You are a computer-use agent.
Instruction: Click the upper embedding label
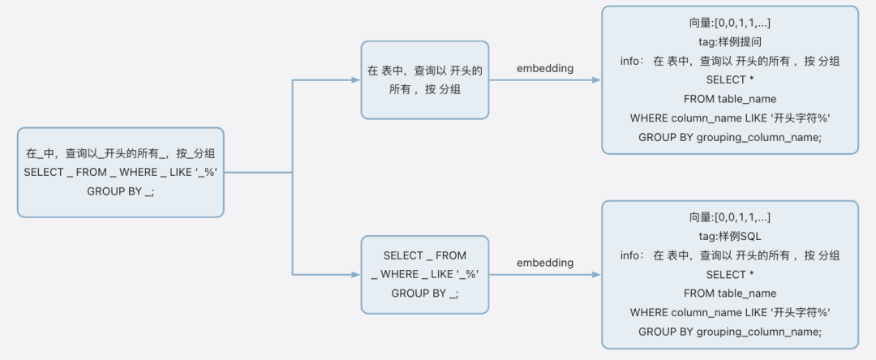pos(545,68)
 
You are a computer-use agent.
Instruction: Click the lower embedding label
pos(545,263)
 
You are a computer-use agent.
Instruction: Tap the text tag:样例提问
pos(730,42)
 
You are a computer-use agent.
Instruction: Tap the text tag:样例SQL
pos(730,236)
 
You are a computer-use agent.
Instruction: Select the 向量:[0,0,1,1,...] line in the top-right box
pos(730,24)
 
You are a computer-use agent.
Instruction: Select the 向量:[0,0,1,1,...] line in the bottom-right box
pos(730,217)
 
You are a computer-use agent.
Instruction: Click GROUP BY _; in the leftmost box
pos(120,191)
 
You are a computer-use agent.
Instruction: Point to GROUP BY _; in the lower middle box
pos(424,294)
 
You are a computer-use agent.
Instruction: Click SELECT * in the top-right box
pos(730,79)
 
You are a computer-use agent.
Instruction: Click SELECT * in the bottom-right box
pos(730,274)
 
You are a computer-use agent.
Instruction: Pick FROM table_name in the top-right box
pos(730,99)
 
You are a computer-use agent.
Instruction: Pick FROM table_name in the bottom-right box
pos(730,293)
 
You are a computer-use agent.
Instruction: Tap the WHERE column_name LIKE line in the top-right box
pos(730,118)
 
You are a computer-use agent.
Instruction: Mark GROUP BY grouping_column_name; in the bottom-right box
pos(730,331)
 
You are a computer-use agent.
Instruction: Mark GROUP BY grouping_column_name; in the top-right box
pos(730,137)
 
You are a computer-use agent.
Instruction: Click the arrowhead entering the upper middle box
pos(355,80)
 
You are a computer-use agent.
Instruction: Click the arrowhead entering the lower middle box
pos(355,275)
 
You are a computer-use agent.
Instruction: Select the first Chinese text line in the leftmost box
pos(120,152)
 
